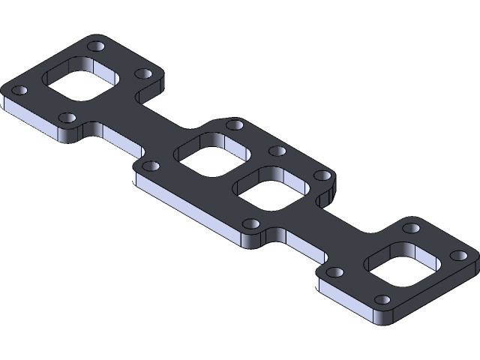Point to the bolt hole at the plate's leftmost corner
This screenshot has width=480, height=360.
click(x=20, y=91)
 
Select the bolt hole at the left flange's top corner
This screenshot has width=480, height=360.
click(x=95, y=46)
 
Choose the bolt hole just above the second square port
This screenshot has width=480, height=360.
click(x=234, y=124)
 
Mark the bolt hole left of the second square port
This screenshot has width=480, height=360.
click(x=150, y=166)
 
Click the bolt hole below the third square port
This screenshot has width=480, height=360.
click(x=253, y=223)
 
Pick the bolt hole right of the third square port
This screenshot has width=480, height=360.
click(x=322, y=175)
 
